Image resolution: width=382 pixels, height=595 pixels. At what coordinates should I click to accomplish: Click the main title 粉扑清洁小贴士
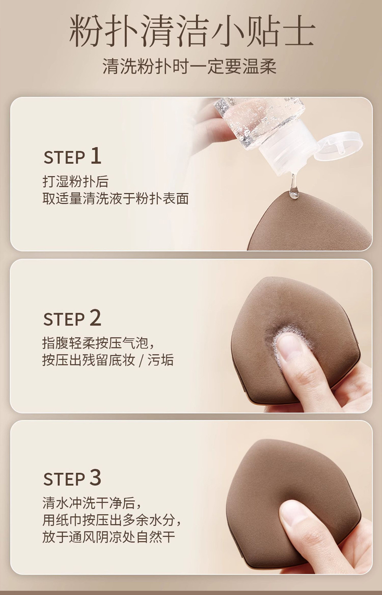[192, 32]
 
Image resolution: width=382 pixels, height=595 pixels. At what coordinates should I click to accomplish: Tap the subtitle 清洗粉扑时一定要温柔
[190, 66]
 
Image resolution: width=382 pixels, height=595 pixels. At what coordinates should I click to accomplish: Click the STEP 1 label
[72, 156]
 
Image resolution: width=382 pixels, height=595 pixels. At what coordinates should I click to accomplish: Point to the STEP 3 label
[72, 478]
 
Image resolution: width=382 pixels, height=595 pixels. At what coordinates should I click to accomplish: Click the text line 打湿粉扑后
[76, 182]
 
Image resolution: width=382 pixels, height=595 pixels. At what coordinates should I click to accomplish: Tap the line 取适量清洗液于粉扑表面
[116, 199]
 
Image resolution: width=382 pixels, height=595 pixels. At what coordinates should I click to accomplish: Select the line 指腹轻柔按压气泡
[98, 343]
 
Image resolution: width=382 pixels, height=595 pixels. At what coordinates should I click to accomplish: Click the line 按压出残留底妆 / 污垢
[108, 360]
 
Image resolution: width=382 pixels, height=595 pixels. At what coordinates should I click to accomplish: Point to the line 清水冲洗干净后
[92, 503]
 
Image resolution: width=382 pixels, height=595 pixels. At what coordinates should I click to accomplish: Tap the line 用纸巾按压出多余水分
[112, 520]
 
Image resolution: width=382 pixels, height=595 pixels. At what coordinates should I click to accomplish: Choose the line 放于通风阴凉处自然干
[108, 537]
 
